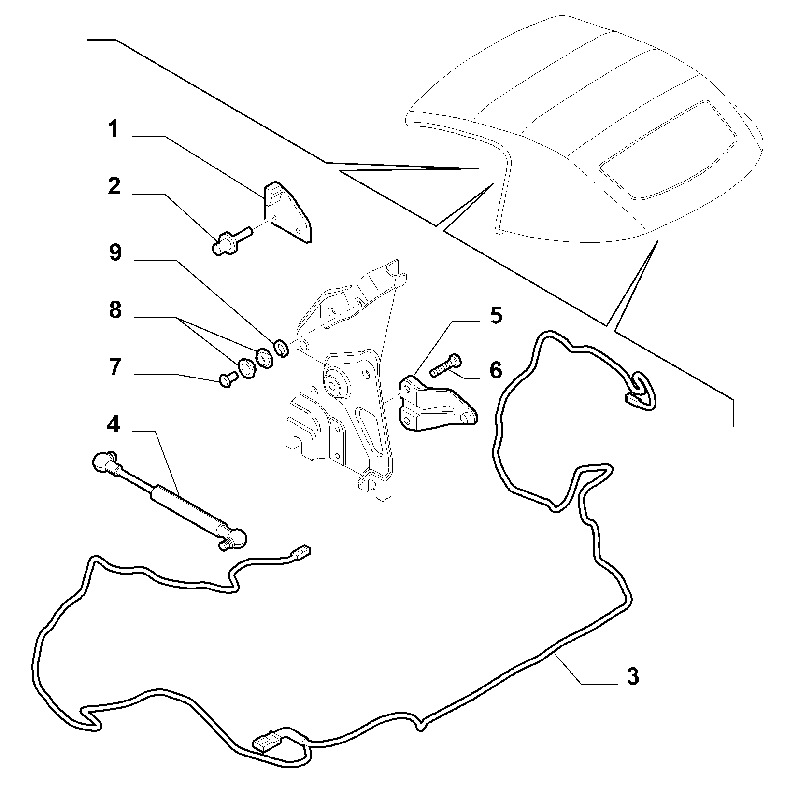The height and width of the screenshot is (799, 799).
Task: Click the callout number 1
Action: click(114, 130)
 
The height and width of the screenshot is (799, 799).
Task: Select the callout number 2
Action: click(114, 186)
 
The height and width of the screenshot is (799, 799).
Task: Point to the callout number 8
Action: click(115, 310)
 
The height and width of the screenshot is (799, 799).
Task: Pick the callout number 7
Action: click(114, 367)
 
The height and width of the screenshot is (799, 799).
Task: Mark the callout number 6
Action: click(496, 370)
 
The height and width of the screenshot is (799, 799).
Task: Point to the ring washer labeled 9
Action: click(281, 348)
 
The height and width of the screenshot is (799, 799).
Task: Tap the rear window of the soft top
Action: click(669, 151)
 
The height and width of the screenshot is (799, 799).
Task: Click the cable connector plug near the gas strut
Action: click(301, 553)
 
